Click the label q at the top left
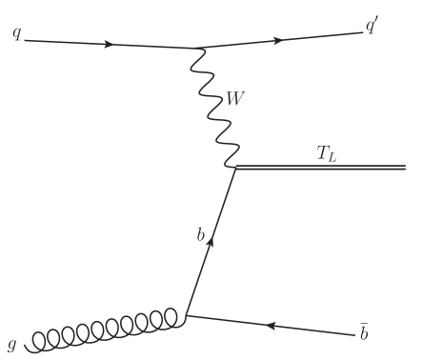16,34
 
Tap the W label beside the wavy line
235,97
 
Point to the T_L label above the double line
327,152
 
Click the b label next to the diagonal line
200,233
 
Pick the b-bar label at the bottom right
363,332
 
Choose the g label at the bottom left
11,342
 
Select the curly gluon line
105,330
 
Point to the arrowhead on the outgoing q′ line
278,40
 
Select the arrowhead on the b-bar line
271,326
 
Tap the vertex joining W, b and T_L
235,168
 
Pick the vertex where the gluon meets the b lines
186,315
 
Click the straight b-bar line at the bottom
286,328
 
